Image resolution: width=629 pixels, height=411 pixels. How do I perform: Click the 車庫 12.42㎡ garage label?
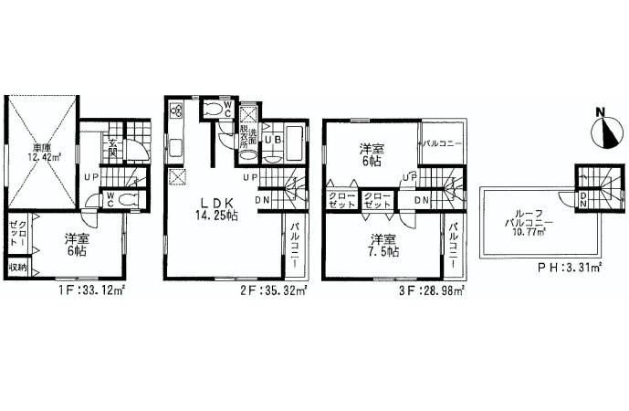42,153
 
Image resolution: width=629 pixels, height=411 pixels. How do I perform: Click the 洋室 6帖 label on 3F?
369,153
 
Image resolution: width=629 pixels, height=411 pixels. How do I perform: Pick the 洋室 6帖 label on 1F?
76,245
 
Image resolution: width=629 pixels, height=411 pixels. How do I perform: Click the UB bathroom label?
271,140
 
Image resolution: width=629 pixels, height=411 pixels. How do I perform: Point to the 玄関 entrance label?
113,147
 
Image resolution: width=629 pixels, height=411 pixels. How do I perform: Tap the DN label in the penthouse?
583,198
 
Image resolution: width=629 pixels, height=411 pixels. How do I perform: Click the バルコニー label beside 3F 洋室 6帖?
441,145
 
